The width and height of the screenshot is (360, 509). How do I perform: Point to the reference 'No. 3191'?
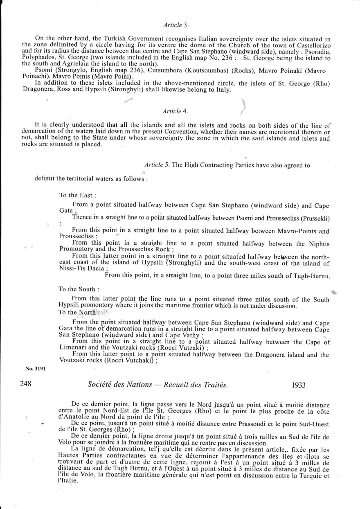(x=35, y=368)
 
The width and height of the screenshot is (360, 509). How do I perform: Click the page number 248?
(x=26, y=385)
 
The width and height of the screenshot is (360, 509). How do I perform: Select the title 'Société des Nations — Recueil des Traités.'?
(x=158, y=385)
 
